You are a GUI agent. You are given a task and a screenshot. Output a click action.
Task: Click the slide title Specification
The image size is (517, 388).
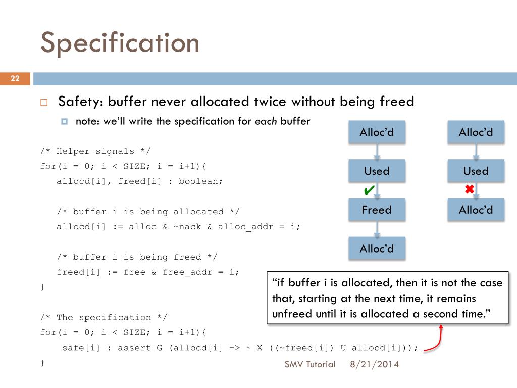click(x=120, y=43)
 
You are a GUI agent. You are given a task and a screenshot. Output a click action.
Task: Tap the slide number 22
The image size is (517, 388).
click(x=15, y=78)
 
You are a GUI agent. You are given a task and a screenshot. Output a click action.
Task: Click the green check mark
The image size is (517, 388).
click(x=369, y=190)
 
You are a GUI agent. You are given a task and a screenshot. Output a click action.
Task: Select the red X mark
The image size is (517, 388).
click(x=469, y=190)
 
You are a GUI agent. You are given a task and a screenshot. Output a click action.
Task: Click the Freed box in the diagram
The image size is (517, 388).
click(x=377, y=210)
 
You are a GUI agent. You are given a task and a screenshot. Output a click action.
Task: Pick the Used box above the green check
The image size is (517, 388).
click(x=377, y=171)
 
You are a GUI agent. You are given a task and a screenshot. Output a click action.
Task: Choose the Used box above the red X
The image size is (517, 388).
click(x=476, y=171)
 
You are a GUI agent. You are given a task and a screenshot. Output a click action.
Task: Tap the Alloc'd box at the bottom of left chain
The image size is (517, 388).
click(x=377, y=249)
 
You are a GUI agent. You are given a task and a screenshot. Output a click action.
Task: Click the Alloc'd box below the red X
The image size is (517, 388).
click(x=476, y=210)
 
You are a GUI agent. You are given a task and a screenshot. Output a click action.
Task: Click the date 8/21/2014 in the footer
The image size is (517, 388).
click(x=374, y=364)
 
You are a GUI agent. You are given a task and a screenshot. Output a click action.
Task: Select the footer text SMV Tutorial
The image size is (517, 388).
click(x=310, y=364)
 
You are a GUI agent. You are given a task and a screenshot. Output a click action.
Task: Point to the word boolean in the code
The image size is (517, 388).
click(x=200, y=181)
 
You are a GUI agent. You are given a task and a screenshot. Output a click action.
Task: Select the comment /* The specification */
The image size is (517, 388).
click(x=104, y=317)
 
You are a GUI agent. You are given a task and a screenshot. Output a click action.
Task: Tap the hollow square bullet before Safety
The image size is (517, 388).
click(x=44, y=102)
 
